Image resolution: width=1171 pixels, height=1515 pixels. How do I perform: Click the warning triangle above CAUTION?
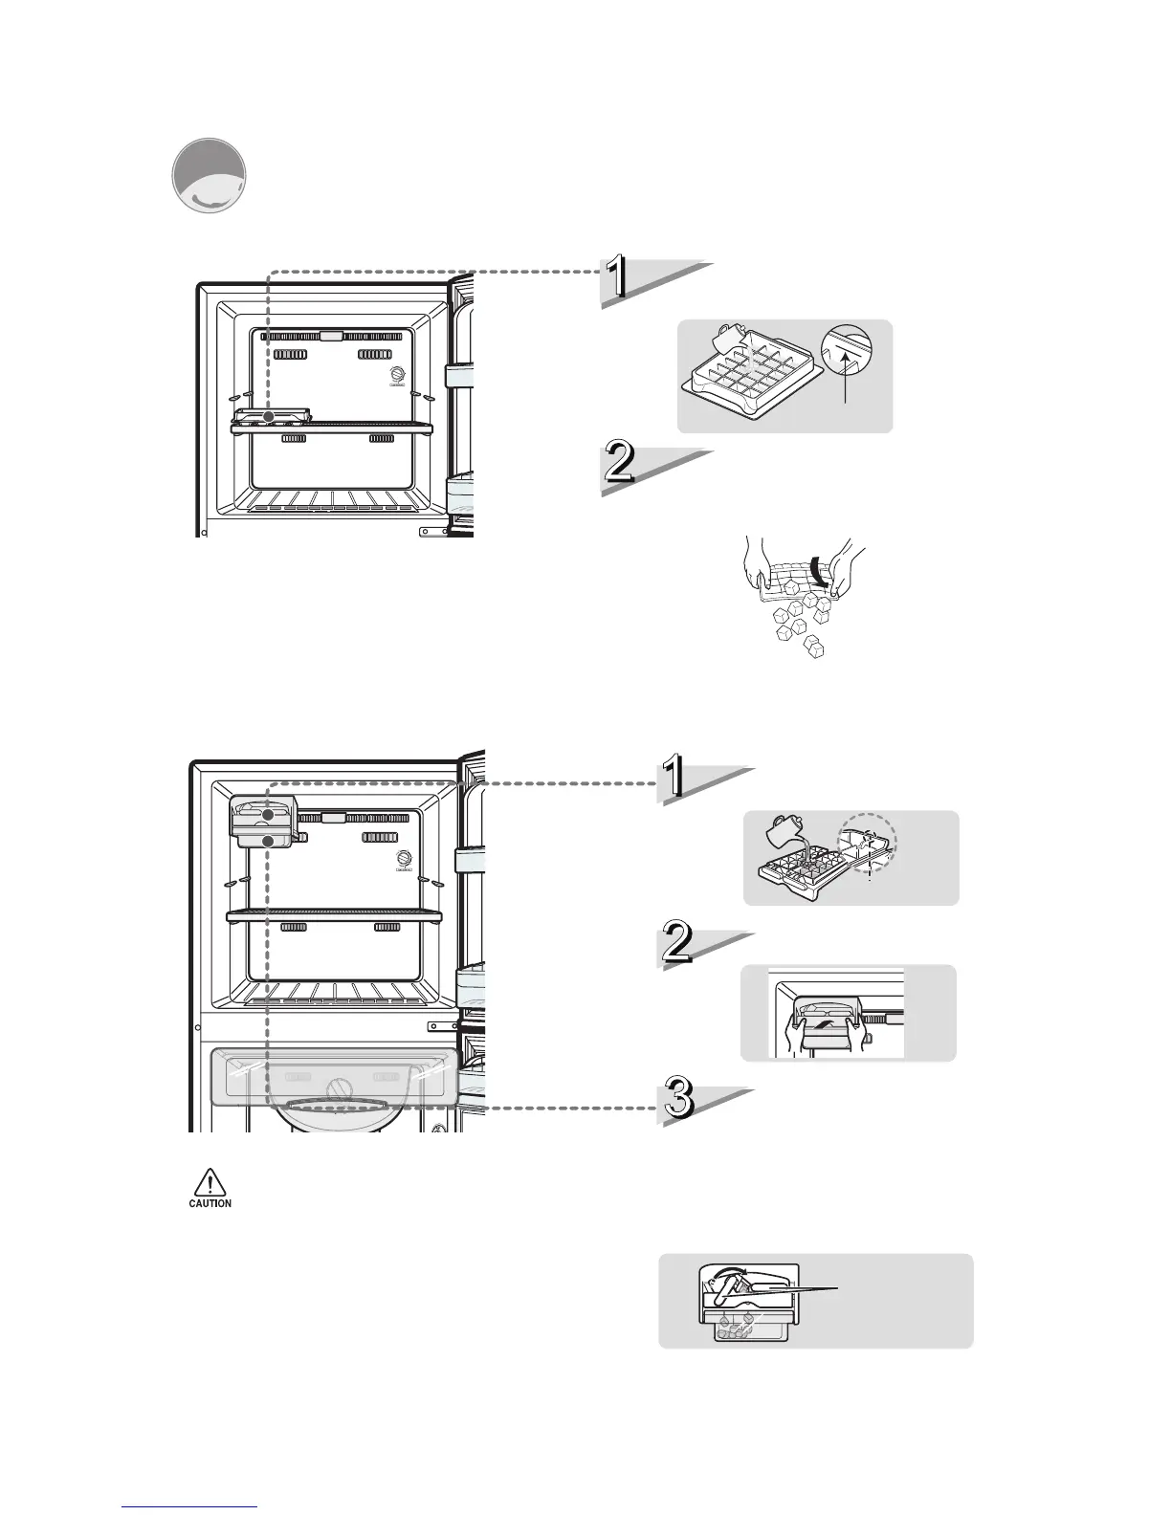pos(209,1184)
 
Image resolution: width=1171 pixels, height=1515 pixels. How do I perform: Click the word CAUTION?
pos(209,1203)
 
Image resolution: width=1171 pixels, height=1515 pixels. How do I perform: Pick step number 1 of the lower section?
pos(676,779)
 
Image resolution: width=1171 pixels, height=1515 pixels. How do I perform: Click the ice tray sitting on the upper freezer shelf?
pos(273,416)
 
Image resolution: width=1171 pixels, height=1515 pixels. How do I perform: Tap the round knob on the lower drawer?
pos(339,1090)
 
